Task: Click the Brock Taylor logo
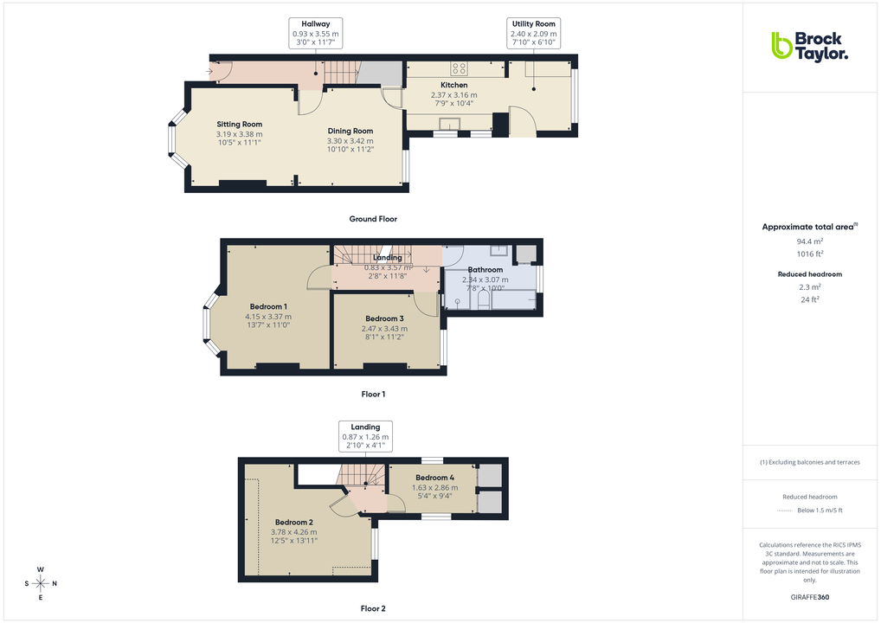(809, 46)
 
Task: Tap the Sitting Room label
(239, 125)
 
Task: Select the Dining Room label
(350, 132)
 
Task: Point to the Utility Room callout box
(534, 34)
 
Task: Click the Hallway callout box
(315, 34)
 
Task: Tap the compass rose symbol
(41, 583)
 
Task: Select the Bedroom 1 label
(268, 307)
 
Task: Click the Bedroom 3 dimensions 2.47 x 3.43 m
(384, 328)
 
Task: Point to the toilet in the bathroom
(456, 300)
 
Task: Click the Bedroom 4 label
(434, 478)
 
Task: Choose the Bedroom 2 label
(294, 523)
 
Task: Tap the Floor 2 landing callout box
(364, 437)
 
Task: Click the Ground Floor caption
(373, 219)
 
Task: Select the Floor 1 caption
(373, 394)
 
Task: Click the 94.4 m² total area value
(810, 241)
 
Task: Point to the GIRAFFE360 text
(810, 597)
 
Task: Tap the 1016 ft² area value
(810, 254)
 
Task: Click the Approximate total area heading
(808, 227)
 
